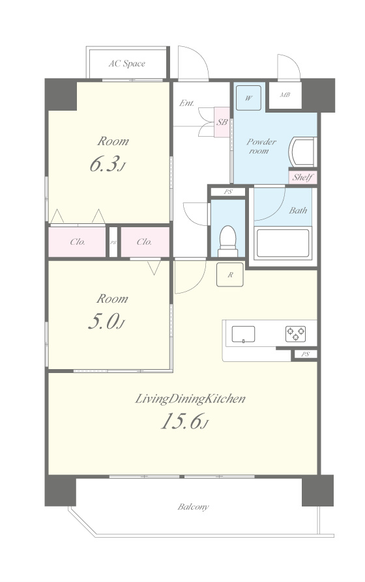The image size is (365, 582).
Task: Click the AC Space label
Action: coord(126,63)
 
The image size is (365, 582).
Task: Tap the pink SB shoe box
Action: coord(222,122)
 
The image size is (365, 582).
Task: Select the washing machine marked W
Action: coord(248,98)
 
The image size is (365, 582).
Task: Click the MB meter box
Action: coord(285,95)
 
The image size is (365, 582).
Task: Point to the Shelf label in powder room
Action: coord(302,178)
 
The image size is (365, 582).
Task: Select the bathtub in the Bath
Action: coord(283,243)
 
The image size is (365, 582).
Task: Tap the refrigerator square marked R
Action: coord(230,275)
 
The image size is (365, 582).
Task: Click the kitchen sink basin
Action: coord(244,334)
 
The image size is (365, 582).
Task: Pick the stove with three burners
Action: coord(295,334)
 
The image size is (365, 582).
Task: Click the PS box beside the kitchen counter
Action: coord(306,354)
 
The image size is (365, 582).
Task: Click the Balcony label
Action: coord(193,506)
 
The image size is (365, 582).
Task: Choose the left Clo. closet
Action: coord(78,242)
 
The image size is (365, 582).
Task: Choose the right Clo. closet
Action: coord(145,242)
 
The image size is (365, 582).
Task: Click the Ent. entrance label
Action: coord(186,104)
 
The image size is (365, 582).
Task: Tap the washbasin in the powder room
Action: coord(302,152)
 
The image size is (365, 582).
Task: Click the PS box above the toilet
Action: coord(228,192)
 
